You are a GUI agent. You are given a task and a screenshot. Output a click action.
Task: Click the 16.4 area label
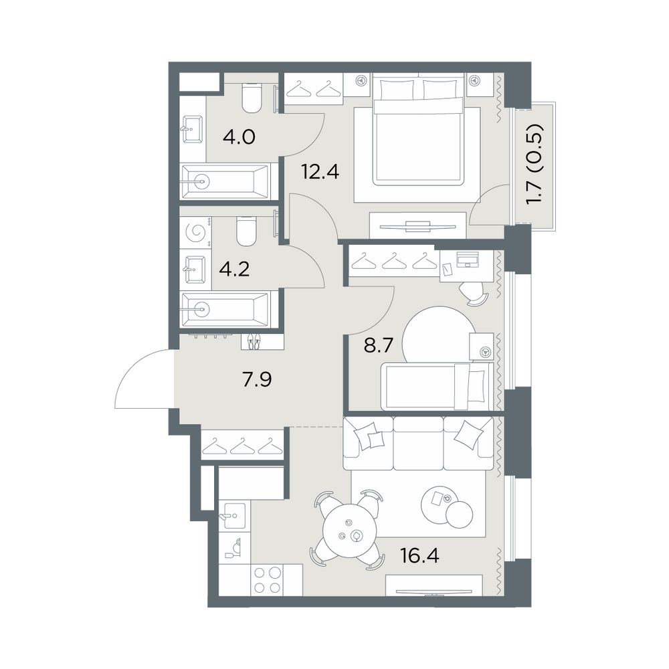click(419, 555)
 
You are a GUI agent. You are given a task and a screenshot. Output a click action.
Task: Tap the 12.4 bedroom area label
click(320, 171)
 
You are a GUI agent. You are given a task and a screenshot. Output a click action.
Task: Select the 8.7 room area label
click(378, 345)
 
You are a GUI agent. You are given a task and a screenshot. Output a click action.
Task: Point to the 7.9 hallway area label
click(257, 379)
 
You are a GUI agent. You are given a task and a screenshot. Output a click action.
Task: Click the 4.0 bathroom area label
click(239, 137)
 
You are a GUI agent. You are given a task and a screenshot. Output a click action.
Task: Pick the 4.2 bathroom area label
click(235, 270)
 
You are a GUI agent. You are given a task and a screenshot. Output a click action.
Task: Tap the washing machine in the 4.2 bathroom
click(197, 233)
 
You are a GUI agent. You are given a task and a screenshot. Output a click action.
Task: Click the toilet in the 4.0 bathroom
click(252, 98)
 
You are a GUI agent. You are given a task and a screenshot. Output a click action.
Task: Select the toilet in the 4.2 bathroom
click(246, 231)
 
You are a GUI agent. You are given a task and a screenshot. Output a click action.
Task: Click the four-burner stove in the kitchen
click(268, 579)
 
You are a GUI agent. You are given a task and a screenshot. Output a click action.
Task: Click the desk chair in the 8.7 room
click(474, 294)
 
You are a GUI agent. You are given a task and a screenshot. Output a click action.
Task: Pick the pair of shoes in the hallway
click(254, 342)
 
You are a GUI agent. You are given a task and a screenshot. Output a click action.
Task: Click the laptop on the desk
click(468, 258)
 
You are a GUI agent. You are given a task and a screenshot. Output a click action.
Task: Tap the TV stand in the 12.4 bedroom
click(417, 225)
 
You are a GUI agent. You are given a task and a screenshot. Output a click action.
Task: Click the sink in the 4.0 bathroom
click(193, 129)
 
